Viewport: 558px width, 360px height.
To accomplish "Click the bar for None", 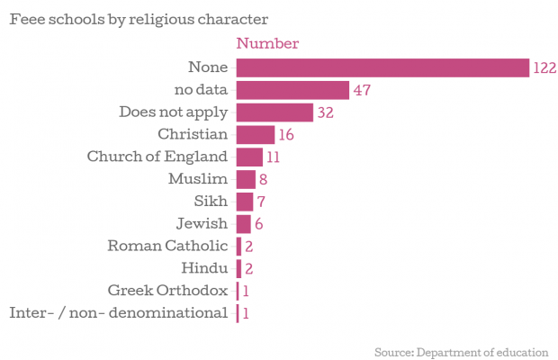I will tap(382, 67).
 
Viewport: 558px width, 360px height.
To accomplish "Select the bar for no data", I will tap(292, 90).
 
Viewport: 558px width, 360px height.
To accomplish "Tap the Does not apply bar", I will tap(274, 112).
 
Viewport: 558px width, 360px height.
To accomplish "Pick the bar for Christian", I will tap(255, 135).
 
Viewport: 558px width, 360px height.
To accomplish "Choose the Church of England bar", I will tap(248, 157).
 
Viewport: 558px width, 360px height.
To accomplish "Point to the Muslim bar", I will tap(246, 179).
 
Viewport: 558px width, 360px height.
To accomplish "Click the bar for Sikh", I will tap(244, 202).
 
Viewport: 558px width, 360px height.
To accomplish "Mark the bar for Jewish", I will tap(243, 224).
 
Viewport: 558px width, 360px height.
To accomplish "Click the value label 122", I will tap(544, 68).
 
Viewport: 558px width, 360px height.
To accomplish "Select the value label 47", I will tap(363, 91).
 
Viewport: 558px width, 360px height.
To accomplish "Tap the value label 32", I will tap(327, 113).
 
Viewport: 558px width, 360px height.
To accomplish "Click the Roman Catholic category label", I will tap(167, 246).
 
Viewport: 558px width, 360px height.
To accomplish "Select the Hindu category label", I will tap(204, 268).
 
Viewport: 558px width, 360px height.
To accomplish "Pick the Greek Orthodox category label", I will tap(167, 291).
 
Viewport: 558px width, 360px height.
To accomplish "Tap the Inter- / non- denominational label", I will tap(118, 313).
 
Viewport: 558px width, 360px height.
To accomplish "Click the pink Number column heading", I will tap(266, 43).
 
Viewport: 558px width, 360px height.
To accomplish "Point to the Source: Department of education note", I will tap(461, 350).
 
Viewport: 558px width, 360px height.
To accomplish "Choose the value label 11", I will tap(274, 157).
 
